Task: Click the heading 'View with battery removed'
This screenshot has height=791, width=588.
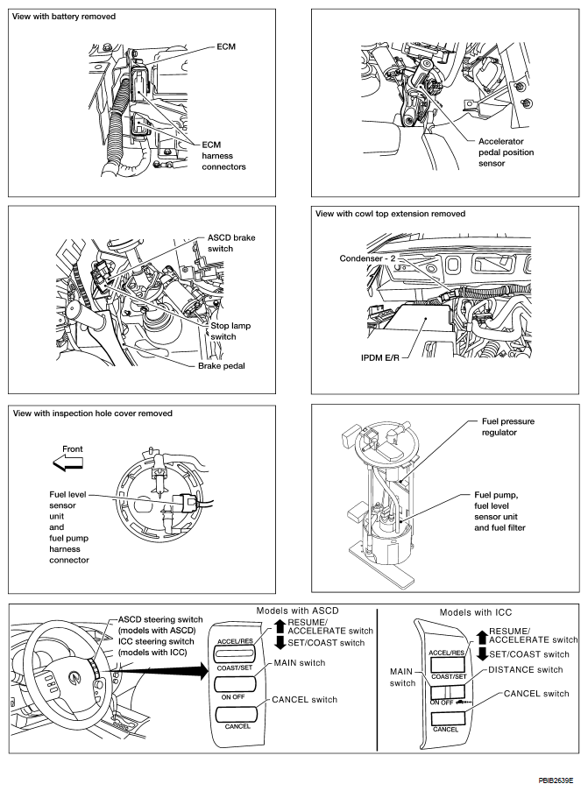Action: (65, 17)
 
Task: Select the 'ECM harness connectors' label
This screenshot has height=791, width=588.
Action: (223, 155)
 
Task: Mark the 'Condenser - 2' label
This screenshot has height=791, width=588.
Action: (372, 258)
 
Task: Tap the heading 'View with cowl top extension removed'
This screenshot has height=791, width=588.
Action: (389, 214)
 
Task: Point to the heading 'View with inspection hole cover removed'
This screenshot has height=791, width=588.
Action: (92, 413)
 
